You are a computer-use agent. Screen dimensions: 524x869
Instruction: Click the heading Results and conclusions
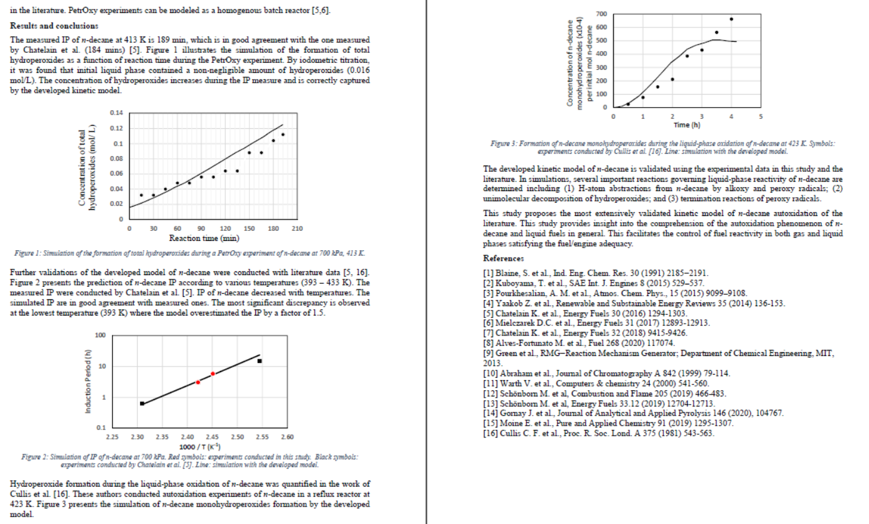[x=54, y=26]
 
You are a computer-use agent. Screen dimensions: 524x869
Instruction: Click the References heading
[x=504, y=258]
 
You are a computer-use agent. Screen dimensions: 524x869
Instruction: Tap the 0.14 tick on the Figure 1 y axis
[x=116, y=113]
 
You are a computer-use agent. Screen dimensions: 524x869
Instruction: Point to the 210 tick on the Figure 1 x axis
[x=297, y=229]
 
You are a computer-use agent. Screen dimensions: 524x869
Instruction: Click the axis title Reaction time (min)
[x=204, y=238]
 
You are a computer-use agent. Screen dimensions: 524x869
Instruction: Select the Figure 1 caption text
[x=189, y=253]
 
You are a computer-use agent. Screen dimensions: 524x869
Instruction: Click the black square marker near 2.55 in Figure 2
[x=260, y=361]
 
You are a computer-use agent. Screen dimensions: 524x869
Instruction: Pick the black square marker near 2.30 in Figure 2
[x=142, y=404]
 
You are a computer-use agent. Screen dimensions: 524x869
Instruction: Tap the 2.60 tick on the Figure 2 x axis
[x=288, y=437]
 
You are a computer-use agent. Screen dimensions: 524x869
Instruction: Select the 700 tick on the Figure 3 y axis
[x=601, y=14]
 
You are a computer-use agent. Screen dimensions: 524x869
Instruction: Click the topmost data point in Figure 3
[x=731, y=19]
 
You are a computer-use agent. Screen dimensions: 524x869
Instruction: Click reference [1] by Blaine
[x=596, y=273]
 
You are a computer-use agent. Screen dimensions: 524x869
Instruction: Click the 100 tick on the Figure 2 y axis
[x=100, y=335]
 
